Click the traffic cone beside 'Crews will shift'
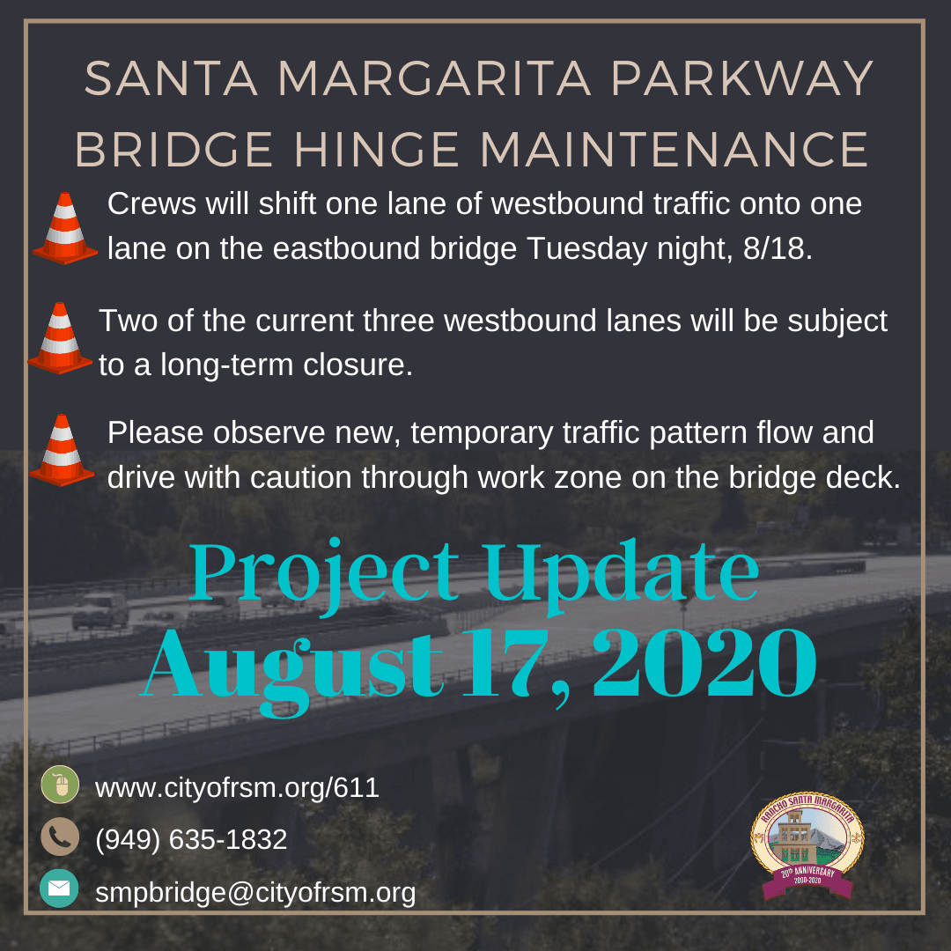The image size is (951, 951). (x=64, y=229)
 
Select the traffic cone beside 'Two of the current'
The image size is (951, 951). (x=60, y=338)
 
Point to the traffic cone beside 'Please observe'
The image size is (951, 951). (x=62, y=450)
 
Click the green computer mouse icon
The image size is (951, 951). (x=60, y=785)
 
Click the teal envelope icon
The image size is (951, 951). (x=60, y=888)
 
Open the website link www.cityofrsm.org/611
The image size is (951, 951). (x=237, y=787)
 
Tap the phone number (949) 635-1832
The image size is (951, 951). (x=191, y=839)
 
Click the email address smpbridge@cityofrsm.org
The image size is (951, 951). (x=255, y=893)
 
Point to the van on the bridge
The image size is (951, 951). (x=100, y=610)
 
